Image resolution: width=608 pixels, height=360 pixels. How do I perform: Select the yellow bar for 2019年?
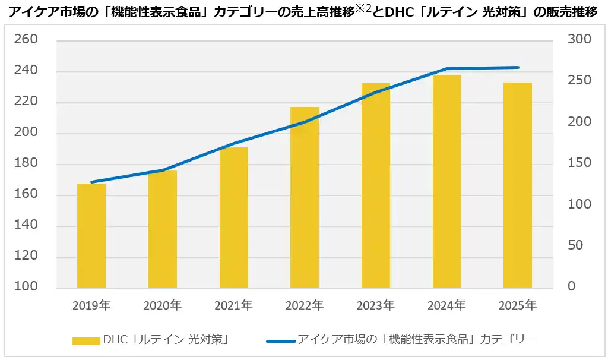(x=91, y=236)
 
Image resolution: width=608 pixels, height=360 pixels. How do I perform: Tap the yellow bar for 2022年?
(x=305, y=197)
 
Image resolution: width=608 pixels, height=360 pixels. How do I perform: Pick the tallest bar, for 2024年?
(x=446, y=181)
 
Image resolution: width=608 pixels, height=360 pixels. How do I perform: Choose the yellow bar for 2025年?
(x=518, y=185)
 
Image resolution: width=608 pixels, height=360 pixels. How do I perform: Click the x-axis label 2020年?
(x=162, y=306)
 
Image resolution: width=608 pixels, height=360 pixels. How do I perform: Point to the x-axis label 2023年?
(x=375, y=306)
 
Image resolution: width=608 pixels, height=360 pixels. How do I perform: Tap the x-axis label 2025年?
(x=518, y=306)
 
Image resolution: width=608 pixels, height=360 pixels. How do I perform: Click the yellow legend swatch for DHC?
(x=86, y=341)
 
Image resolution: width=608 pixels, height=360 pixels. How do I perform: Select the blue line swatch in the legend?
(x=280, y=341)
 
